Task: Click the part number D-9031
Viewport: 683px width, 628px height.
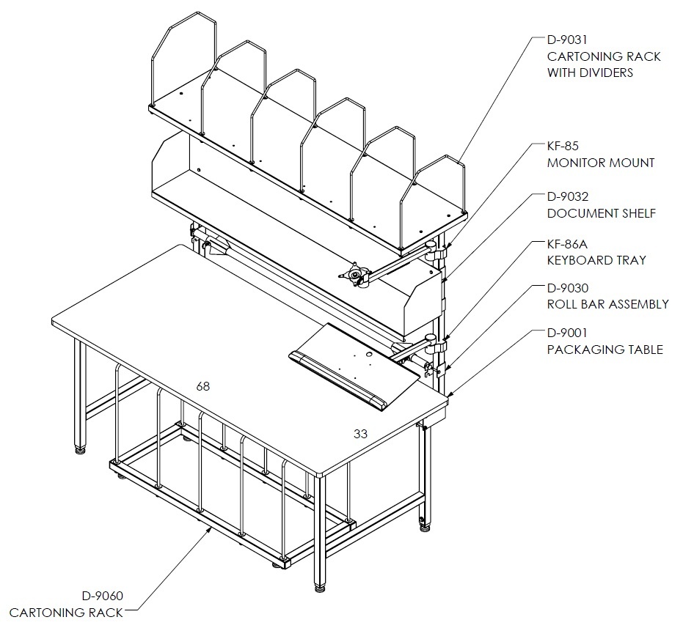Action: point(567,40)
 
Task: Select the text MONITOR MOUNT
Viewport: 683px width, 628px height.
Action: point(601,163)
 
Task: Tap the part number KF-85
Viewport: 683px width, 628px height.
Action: point(563,146)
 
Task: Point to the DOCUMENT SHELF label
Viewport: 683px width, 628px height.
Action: point(601,213)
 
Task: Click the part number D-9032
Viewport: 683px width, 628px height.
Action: point(568,196)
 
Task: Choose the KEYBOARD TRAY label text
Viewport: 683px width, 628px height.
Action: point(596,260)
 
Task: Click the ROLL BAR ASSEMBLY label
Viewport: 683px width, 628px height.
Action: point(607,304)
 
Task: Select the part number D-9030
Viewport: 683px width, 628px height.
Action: point(568,288)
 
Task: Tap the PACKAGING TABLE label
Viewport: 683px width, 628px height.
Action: point(605,350)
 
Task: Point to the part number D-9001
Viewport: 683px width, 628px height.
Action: point(567,333)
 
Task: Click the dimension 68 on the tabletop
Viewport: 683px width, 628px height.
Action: point(203,386)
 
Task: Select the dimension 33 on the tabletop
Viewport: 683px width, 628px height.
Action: point(360,434)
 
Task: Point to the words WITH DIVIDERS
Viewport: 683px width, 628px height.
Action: point(590,73)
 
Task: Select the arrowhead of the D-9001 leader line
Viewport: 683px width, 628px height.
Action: point(451,394)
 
